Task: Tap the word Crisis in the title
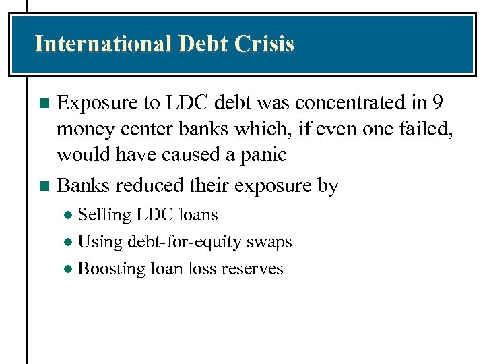click(x=265, y=44)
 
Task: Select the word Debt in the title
click(x=204, y=44)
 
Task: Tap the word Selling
click(x=104, y=215)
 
